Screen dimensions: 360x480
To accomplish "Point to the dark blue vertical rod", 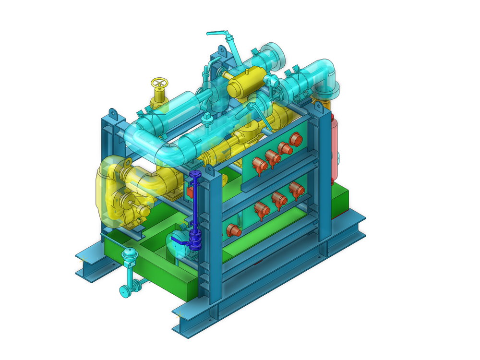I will (x=195, y=202).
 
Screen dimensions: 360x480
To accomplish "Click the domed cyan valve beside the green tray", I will (x=129, y=256).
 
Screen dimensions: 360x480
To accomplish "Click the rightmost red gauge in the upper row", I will (x=296, y=139).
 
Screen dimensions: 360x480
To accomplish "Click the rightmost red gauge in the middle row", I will (x=295, y=189).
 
